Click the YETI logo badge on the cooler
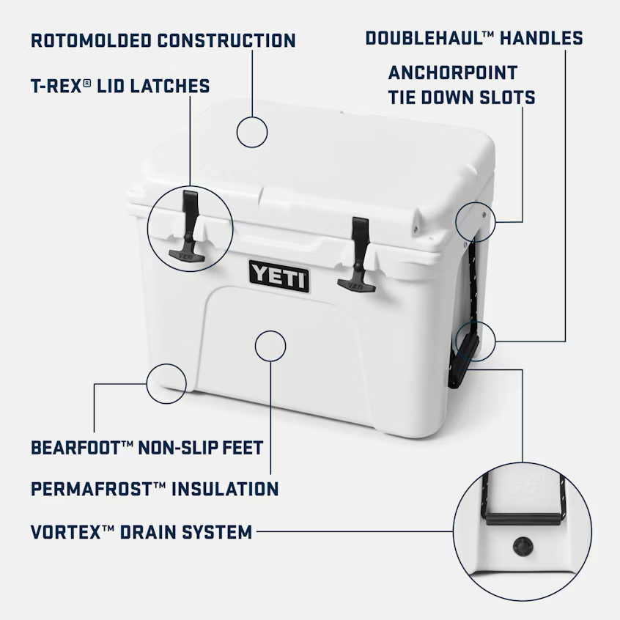[278, 276]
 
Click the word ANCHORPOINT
[452, 73]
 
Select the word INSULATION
[225, 489]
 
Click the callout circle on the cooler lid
[252, 132]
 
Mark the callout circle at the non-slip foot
[166, 382]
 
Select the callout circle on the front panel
[270, 345]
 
